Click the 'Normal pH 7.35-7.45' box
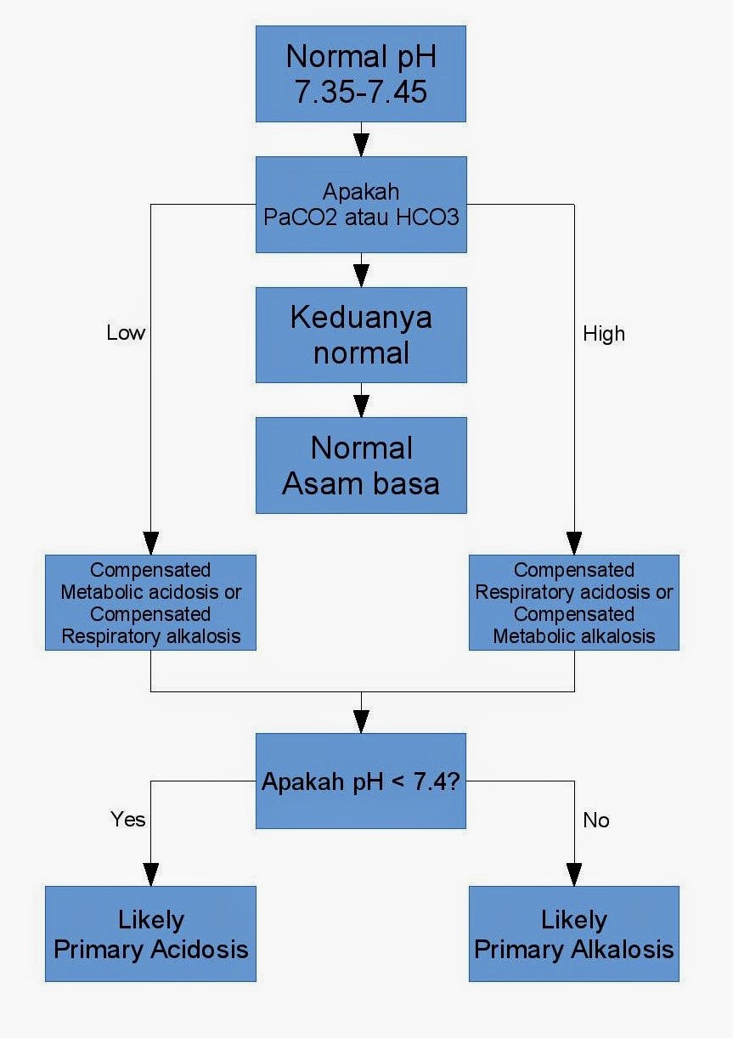(361, 74)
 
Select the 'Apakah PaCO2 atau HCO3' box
(361, 204)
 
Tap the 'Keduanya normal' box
(361, 335)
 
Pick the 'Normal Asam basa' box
(361, 465)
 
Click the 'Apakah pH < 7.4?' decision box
(361, 781)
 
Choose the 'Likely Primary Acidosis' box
(150, 934)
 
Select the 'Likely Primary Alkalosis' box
(573, 934)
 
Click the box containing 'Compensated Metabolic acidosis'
(150, 602)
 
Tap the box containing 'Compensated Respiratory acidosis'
(573, 602)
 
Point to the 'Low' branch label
(126, 333)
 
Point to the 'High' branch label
(604, 334)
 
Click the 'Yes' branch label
(128, 819)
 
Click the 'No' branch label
(596, 821)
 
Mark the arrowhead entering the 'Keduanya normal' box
(361, 277)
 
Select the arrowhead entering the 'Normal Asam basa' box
(361, 407)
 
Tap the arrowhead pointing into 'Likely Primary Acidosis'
(150, 876)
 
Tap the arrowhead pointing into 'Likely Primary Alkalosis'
(574, 876)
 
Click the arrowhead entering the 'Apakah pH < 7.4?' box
(361, 723)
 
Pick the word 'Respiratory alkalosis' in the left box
(150, 635)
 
